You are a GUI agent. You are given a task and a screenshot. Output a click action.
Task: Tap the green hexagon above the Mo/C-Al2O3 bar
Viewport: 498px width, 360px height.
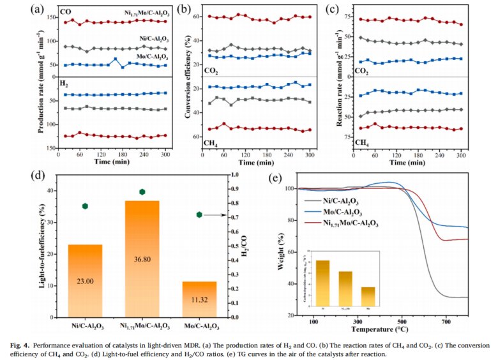(199, 215)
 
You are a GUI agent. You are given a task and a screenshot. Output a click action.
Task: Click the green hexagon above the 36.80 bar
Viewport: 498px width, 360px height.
(142, 192)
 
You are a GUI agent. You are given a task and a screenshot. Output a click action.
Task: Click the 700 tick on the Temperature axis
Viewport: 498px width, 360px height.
(446, 323)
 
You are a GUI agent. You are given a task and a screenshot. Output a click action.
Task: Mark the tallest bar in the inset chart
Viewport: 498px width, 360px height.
(323, 281)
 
